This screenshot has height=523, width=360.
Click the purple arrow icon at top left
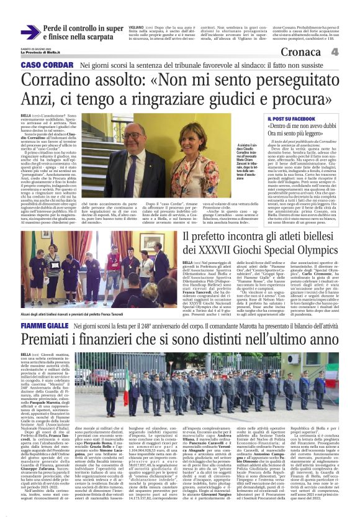pos(30,33)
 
